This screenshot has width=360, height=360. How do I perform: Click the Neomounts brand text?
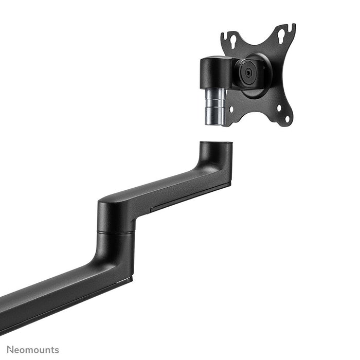[33, 350]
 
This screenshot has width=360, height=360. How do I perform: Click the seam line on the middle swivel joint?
[116, 232]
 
